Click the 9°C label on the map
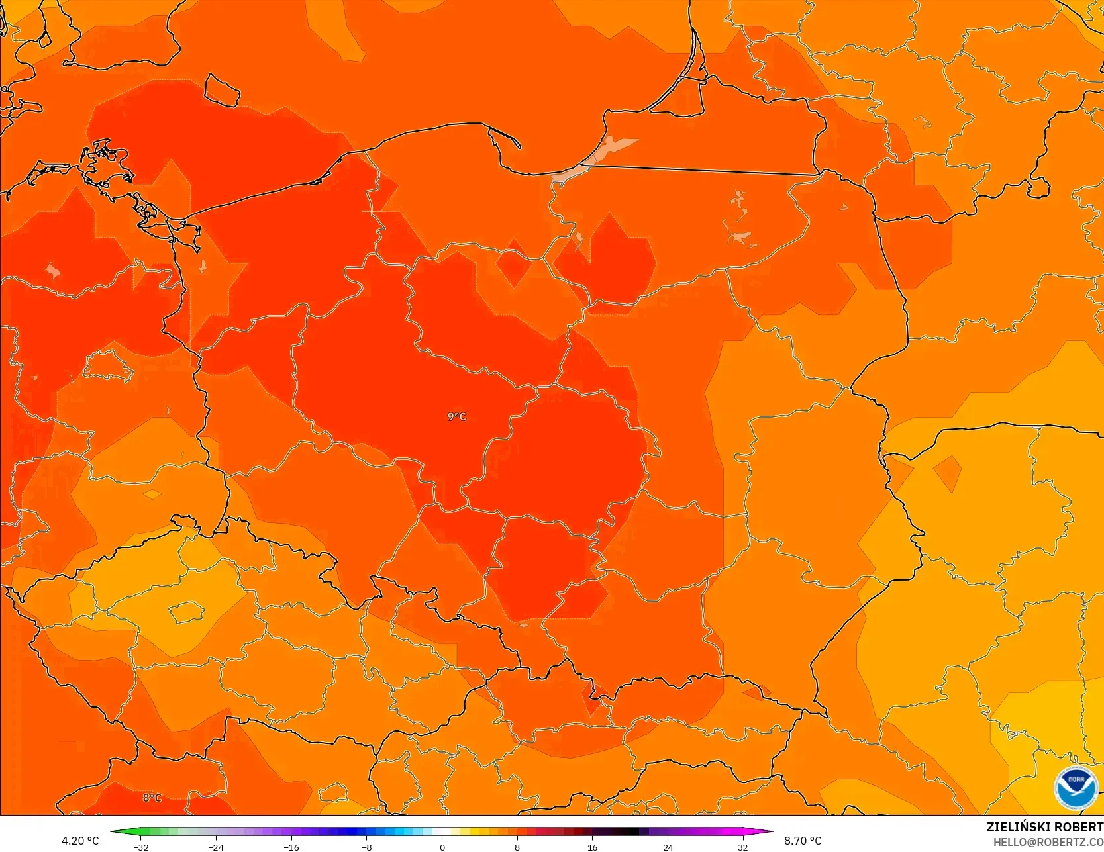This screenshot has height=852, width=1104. (457, 416)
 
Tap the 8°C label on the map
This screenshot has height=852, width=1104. (152, 798)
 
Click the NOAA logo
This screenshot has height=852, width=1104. (1076, 787)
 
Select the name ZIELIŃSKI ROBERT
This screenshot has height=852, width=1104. (1044, 827)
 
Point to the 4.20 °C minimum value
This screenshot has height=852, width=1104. (80, 841)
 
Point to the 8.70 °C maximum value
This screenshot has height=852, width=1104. (803, 841)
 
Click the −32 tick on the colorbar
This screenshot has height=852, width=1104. (140, 847)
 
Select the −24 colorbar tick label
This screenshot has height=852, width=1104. (216, 847)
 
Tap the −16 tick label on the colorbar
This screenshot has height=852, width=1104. (291, 847)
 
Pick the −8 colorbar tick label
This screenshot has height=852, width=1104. (366, 847)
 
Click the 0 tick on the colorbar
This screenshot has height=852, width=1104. (442, 847)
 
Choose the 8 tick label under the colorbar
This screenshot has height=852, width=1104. (517, 847)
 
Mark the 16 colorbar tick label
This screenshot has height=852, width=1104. (592, 847)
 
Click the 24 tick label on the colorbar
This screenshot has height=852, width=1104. (668, 847)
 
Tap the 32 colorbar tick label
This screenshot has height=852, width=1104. (743, 847)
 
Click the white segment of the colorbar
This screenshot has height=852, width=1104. (442, 831)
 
